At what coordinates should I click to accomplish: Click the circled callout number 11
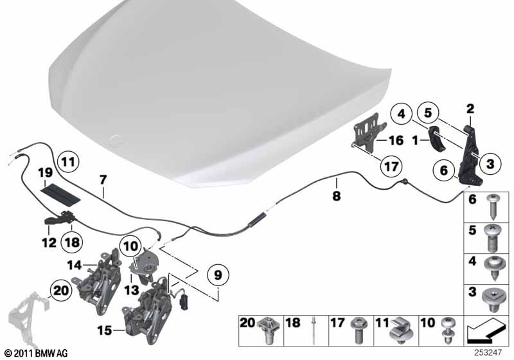coord(68,161)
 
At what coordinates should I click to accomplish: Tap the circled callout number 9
coord(218,274)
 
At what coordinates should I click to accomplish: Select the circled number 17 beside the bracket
coord(391,166)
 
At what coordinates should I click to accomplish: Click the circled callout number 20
coord(61,291)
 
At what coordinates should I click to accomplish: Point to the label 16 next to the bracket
coord(396,141)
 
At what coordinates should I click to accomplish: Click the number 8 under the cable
coord(337,196)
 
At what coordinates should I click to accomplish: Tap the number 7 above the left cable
coord(103,180)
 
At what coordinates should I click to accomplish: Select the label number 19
coord(45,172)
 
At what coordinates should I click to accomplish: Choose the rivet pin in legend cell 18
coord(314,330)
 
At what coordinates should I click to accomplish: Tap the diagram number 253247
coord(488,353)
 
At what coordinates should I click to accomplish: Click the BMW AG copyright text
coord(37,353)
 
